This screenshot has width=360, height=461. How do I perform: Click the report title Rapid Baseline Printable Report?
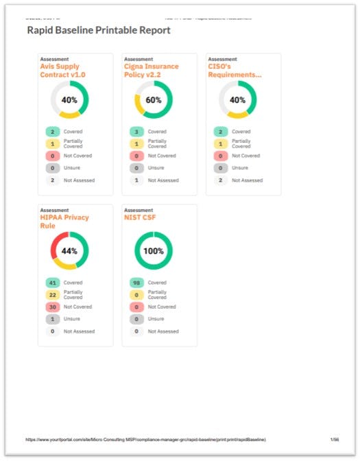coord(99,31)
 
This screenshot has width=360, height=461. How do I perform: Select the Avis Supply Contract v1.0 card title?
coord(60,71)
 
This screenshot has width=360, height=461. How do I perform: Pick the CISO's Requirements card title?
coord(227,71)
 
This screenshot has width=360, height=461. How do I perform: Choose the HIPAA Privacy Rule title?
coord(64,222)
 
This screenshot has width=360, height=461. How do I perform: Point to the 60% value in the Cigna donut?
coord(154,100)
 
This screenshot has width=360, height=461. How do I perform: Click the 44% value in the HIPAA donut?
coord(69,251)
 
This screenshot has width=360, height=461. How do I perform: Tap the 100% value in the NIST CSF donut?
coord(154,251)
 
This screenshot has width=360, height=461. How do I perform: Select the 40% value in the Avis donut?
coord(69,100)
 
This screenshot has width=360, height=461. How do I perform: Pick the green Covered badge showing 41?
coord(51,283)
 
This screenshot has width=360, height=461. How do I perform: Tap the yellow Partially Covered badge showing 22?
coord(51,295)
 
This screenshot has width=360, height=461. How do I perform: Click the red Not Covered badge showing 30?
coord(51,307)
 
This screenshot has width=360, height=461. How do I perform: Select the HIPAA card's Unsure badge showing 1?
coord(51,319)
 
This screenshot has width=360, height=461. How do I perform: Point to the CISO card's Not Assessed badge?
coord(219,180)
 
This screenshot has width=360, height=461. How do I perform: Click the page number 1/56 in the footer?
coord(334,439)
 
